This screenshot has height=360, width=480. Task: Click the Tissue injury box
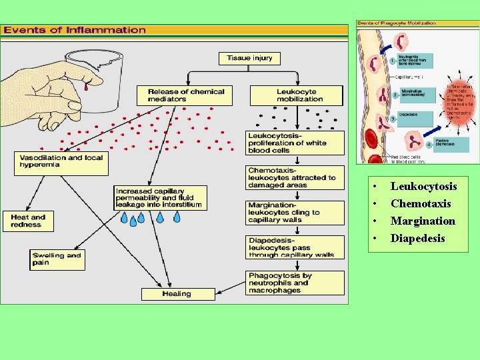249,58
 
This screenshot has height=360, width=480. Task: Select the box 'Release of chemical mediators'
185,95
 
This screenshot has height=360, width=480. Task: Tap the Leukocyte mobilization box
297,95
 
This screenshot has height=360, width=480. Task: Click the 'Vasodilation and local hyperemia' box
61,163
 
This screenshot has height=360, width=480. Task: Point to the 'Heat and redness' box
27,221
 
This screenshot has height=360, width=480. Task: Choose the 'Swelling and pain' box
58,259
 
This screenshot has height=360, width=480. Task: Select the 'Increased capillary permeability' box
159,197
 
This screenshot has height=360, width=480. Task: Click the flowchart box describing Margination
295,213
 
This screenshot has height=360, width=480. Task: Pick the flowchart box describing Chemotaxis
295,178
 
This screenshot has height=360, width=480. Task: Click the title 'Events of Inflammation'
74,30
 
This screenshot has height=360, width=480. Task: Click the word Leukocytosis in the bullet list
423,186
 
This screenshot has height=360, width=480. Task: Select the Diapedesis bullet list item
417,238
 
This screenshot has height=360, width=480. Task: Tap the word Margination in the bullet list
423,221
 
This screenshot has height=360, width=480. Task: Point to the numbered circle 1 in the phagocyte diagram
394,61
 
